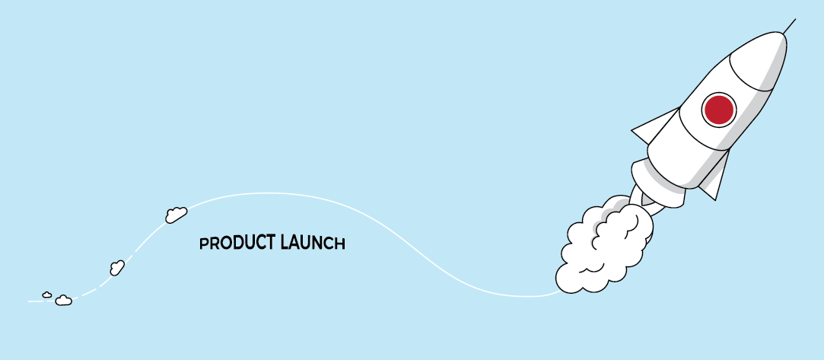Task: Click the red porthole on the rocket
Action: (x=718, y=110)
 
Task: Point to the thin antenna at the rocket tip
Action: (x=789, y=26)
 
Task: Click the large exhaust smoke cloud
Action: (x=604, y=247)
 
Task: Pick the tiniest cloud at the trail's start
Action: (x=46, y=295)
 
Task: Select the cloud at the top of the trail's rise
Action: (x=176, y=215)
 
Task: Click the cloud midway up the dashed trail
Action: (x=117, y=267)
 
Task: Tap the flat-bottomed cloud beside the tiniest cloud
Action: (x=64, y=301)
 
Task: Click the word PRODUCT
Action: (x=237, y=243)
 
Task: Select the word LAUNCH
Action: (x=313, y=243)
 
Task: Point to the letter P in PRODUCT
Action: (x=203, y=244)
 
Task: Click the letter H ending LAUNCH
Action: (x=340, y=244)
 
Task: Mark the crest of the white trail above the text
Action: (x=268, y=193)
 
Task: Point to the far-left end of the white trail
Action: (x=28, y=301)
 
